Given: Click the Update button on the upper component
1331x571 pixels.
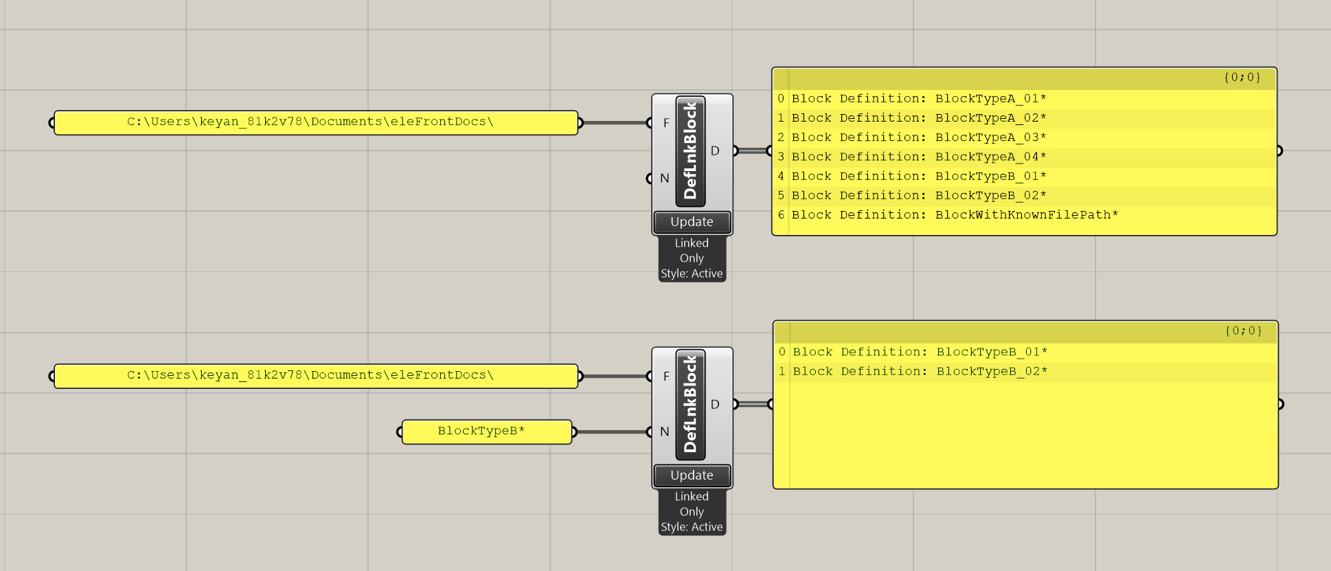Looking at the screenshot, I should (x=692, y=222).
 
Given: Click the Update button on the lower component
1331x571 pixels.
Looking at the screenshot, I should (x=692, y=475).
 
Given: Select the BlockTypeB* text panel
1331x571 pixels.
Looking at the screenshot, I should (x=486, y=432).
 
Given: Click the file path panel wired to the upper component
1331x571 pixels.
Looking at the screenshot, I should (x=316, y=122).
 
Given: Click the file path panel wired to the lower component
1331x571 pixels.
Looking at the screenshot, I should (x=316, y=376).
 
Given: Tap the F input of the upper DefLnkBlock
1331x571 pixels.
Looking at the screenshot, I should (x=665, y=123).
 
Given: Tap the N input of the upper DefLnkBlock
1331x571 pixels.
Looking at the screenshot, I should (x=664, y=178).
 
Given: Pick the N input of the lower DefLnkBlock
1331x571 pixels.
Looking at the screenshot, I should (x=664, y=432).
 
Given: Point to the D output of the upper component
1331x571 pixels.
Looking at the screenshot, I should (x=715, y=150).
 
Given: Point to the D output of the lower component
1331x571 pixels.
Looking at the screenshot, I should (x=715, y=404).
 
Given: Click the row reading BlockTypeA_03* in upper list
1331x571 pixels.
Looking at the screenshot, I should (x=919, y=137).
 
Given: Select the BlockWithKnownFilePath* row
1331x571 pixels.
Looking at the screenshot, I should (x=955, y=215).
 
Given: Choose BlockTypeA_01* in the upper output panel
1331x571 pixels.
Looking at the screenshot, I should (x=919, y=99).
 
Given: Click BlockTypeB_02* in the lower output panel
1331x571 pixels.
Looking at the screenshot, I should (x=920, y=372).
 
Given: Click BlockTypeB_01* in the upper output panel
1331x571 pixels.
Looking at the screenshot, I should (x=919, y=177).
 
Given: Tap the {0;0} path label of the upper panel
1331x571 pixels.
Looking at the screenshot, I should (x=1242, y=78).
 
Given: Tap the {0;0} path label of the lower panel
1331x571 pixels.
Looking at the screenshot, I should (x=1243, y=331).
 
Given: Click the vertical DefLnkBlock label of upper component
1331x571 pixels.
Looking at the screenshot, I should (x=690, y=150).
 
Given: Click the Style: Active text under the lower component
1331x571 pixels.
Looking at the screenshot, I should (x=692, y=527).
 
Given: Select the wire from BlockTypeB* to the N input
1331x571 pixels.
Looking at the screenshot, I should (x=611, y=432).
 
